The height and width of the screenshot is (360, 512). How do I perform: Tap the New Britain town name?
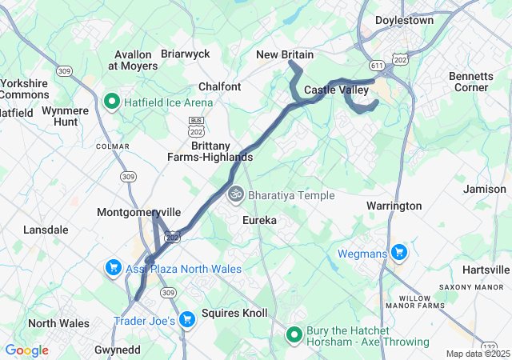tap(285, 54)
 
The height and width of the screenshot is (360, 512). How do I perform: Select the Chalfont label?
tap(220, 86)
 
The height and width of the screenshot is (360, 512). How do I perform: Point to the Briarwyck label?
tap(185, 54)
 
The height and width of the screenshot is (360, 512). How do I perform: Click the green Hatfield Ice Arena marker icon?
tap(113, 102)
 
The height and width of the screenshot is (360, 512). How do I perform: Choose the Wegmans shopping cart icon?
tap(399, 254)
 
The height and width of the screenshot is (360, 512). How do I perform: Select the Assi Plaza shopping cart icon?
tap(114, 268)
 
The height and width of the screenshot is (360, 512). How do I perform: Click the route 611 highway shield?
tap(377, 63)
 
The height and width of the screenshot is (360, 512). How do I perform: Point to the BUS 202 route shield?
tap(195, 124)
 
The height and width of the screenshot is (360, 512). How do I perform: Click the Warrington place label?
tap(394, 206)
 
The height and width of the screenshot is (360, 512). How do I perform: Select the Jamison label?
tap(485, 189)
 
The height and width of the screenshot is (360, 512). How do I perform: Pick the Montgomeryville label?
tap(138, 212)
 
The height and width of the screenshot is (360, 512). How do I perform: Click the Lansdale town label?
tap(46, 230)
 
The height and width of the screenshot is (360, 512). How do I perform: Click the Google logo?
tap(26, 350)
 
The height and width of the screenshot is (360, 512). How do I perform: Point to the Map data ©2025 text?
tap(477, 354)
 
